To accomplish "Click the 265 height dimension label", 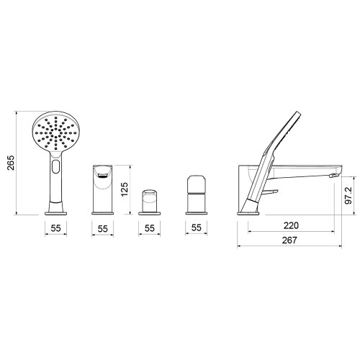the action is [11, 163].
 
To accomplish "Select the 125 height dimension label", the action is [125, 189].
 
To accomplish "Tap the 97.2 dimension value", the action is [348, 195].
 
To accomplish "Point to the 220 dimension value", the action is [291, 225].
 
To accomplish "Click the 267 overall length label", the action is [289, 240].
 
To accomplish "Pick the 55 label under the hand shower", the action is [55, 228].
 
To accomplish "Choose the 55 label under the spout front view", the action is [102, 229].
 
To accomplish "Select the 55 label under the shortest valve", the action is [149, 228].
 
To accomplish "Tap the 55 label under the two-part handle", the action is [196, 228].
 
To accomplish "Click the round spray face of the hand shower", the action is [56, 131].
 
